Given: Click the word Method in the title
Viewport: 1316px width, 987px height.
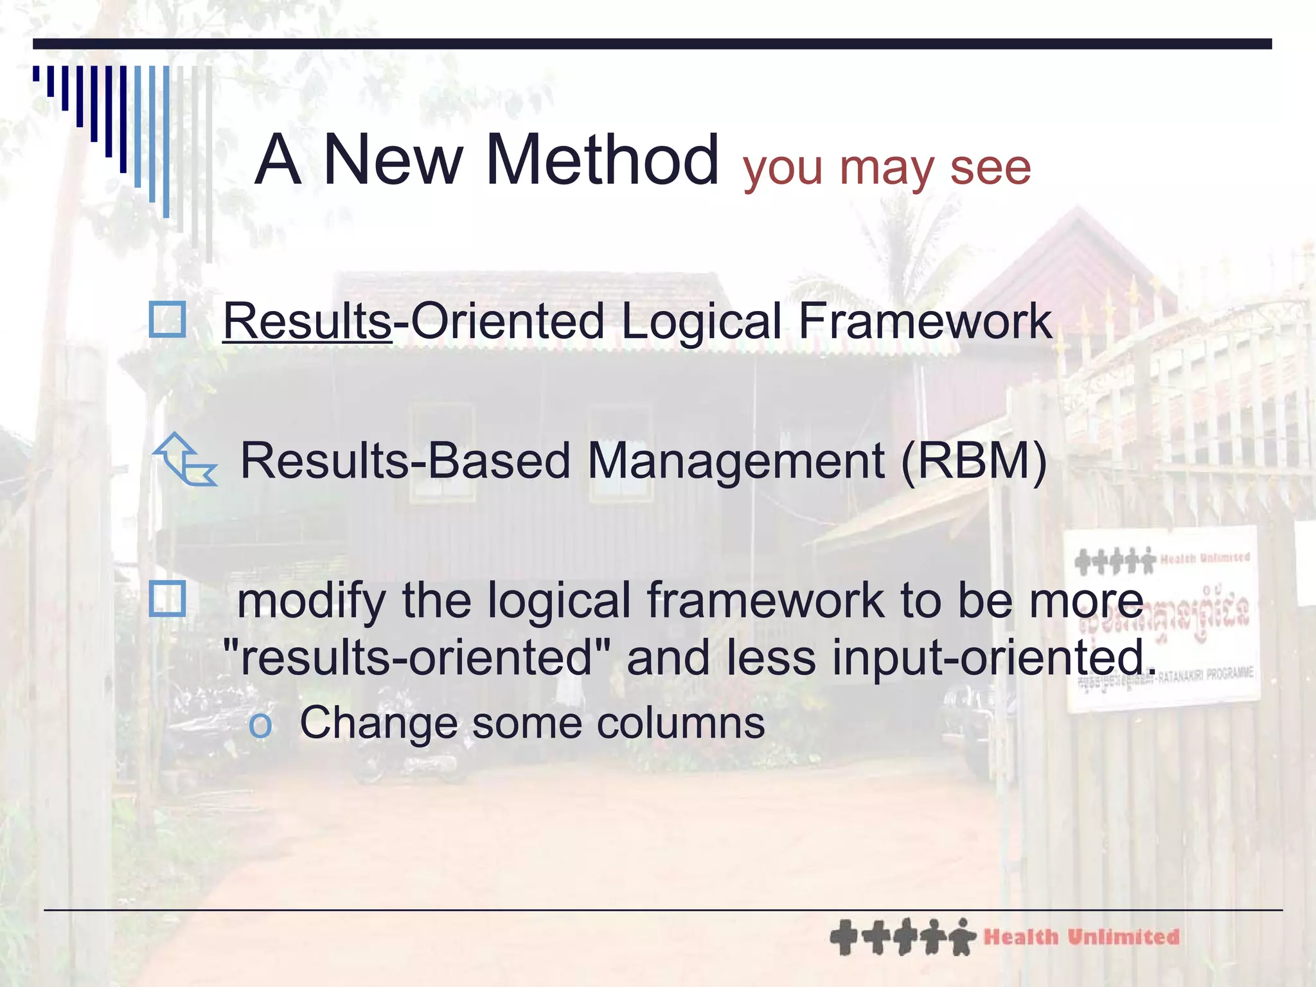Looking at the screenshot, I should point(602,160).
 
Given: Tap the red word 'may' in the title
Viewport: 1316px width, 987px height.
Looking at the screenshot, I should point(886,168).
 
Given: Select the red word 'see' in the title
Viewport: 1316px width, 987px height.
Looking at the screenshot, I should point(990,168).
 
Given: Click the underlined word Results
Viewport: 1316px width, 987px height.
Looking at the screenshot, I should point(307,321).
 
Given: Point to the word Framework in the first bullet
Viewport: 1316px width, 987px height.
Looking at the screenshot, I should point(924,321).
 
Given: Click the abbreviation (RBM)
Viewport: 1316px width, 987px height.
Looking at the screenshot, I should point(974,461).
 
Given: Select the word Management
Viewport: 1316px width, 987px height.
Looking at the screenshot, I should point(736,461).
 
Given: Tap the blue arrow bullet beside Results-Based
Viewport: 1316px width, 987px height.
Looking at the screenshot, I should point(185,460).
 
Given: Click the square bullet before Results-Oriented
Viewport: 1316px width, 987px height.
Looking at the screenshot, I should point(167,319).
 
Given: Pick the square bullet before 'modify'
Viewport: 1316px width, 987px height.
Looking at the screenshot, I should point(167,598).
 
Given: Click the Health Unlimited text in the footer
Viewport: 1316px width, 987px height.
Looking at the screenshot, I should point(1081,937).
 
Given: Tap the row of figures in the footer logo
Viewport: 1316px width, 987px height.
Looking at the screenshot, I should point(903,937).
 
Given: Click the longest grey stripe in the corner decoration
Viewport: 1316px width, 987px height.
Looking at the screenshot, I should point(209,164).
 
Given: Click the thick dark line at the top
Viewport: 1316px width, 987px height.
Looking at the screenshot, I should point(652,44).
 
